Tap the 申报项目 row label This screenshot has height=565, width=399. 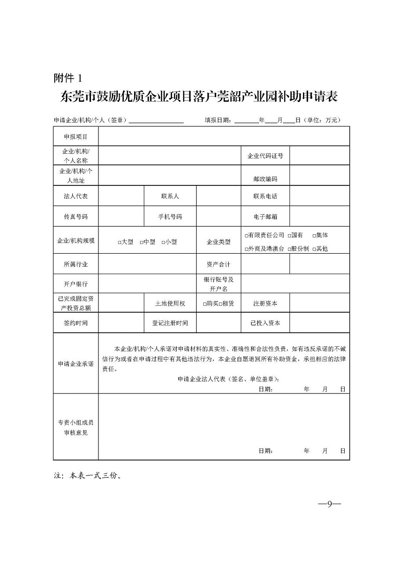(x=76, y=137)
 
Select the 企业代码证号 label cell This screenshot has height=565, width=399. (x=265, y=156)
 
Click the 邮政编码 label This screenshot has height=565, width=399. (x=265, y=179)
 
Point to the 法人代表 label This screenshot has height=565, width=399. (x=76, y=196)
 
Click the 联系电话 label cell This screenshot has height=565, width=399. (x=265, y=196)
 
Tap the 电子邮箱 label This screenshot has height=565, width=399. (x=265, y=217)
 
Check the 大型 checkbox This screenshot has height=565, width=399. (x=119, y=242)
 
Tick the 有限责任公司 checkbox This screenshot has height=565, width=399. (x=246, y=236)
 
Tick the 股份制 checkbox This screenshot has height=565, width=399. (x=289, y=249)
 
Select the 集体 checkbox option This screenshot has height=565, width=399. (x=314, y=236)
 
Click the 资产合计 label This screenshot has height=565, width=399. (x=219, y=264)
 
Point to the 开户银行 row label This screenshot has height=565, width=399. (x=76, y=283)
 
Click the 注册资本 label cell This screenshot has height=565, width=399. (x=265, y=303)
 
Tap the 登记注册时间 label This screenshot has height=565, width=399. (x=170, y=323)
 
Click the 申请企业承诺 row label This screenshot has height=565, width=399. (x=76, y=364)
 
